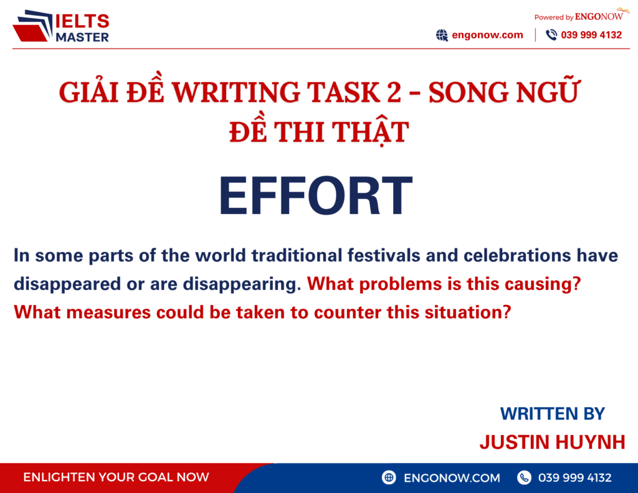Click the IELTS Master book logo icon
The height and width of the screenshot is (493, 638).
tap(35, 27)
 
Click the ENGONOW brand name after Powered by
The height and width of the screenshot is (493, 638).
tap(599, 17)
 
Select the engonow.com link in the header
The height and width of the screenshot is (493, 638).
tap(488, 35)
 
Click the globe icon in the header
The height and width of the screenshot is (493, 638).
tap(442, 35)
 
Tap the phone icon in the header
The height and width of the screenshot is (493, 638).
tap(551, 35)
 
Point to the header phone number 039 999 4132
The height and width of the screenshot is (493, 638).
tap(591, 35)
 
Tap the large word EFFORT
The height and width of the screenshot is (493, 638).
tap(316, 197)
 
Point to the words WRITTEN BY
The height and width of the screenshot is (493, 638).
tap(552, 413)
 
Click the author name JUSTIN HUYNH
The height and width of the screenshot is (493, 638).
tap(552, 442)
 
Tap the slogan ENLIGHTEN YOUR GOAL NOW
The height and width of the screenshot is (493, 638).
tap(116, 477)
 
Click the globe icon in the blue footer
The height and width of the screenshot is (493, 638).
tap(389, 477)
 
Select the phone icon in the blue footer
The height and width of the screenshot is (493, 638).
tap(525, 477)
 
